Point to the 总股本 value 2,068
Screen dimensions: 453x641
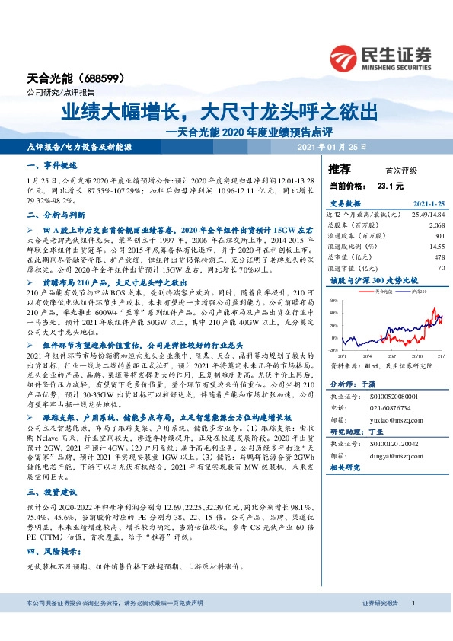(x=436, y=226)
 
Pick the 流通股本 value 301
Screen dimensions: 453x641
(x=439, y=236)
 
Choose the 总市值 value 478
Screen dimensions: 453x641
(x=439, y=257)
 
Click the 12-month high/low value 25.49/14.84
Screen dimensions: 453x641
(x=426, y=215)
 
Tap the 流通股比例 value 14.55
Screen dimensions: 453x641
(x=436, y=247)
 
